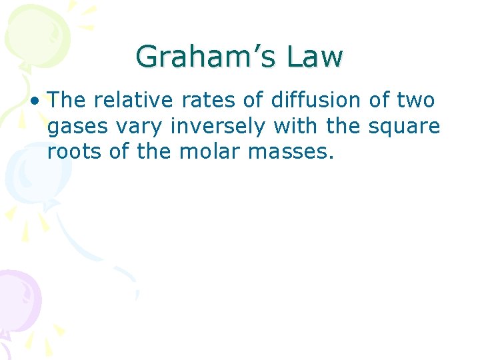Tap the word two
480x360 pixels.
tap(417, 101)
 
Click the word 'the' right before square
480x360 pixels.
tap(342, 126)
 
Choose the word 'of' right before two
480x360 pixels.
tap(379, 101)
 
